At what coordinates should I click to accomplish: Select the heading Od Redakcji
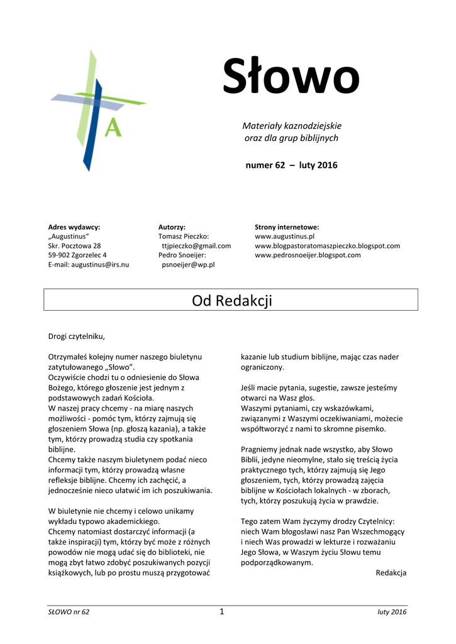pos(231,301)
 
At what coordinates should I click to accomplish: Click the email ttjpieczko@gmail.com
pos(196,246)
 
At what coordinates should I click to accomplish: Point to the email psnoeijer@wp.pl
pos(188,265)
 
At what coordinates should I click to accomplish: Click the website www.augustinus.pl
pos(284,236)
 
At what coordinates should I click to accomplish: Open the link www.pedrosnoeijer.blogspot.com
pos(308,255)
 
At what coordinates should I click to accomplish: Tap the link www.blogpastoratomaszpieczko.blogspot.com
pos(327,246)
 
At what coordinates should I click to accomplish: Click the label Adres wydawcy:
pos(74,227)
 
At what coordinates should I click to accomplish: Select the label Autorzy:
pos(172,227)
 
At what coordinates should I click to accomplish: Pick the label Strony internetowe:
pos(287,227)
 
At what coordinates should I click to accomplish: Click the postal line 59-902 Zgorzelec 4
pos(77,255)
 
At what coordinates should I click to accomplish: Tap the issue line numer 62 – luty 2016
pos(291,165)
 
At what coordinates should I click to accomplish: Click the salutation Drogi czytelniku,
pos(76,336)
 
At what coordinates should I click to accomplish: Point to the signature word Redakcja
pos(391,573)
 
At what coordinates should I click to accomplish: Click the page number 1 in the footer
pos(221,612)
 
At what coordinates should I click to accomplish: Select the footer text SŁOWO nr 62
pos(69,613)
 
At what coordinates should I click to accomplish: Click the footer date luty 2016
pos(392,613)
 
